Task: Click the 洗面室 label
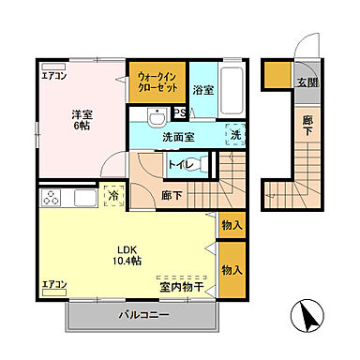pos(177,138)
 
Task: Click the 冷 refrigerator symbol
pos(112,197)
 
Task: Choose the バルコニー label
pos(143,315)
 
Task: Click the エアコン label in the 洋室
pos(53,78)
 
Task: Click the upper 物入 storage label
pos(232,226)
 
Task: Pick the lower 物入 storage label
pos(232,270)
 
